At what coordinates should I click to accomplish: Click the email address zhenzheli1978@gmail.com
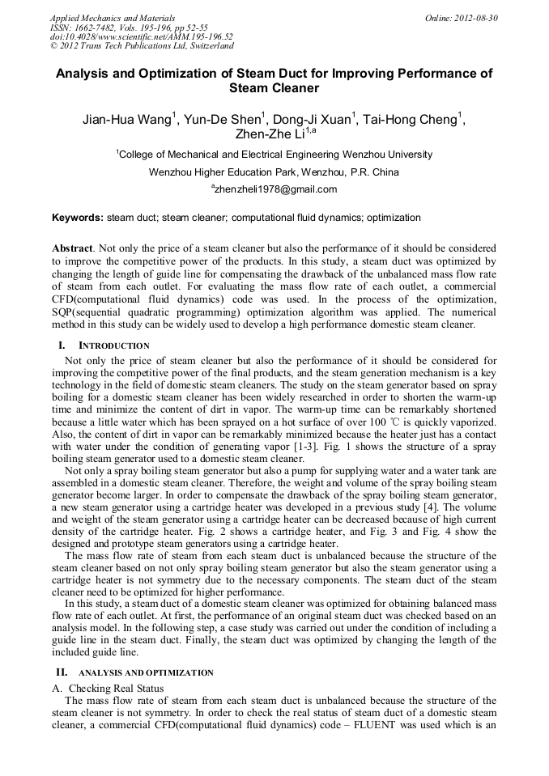[275, 190]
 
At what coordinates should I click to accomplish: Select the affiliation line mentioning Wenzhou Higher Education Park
[274, 172]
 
